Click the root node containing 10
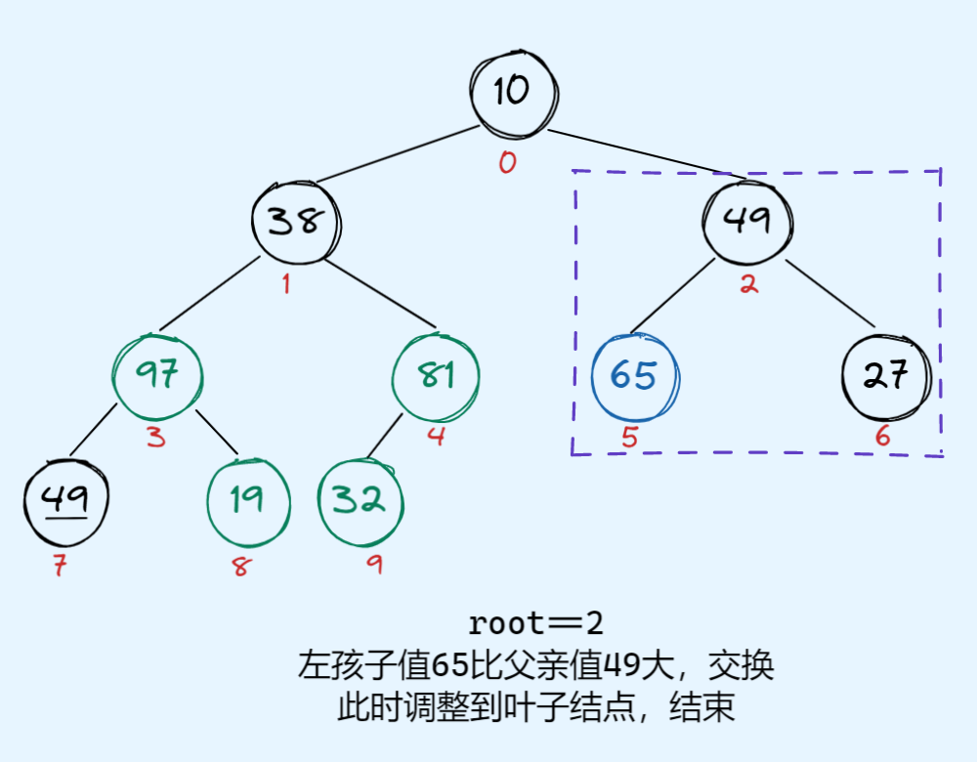click(x=512, y=92)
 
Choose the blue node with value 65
click(x=635, y=376)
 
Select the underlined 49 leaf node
click(x=66, y=500)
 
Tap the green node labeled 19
click(x=248, y=500)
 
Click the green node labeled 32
click(x=361, y=500)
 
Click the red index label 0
click(x=506, y=162)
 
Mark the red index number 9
click(x=374, y=565)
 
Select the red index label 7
click(x=60, y=566)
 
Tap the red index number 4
click(x=436, y=437)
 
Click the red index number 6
click(x=882, y=437)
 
